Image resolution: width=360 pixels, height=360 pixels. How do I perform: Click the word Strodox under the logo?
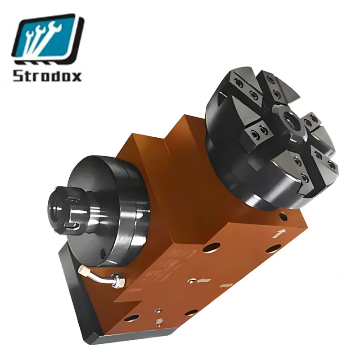point(47,75)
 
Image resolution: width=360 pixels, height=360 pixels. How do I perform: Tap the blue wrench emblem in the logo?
point(48,38)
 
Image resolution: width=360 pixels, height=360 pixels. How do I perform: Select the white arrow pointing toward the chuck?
point(279,233)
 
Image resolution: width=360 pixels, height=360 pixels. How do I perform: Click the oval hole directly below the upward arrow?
point(274,249)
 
